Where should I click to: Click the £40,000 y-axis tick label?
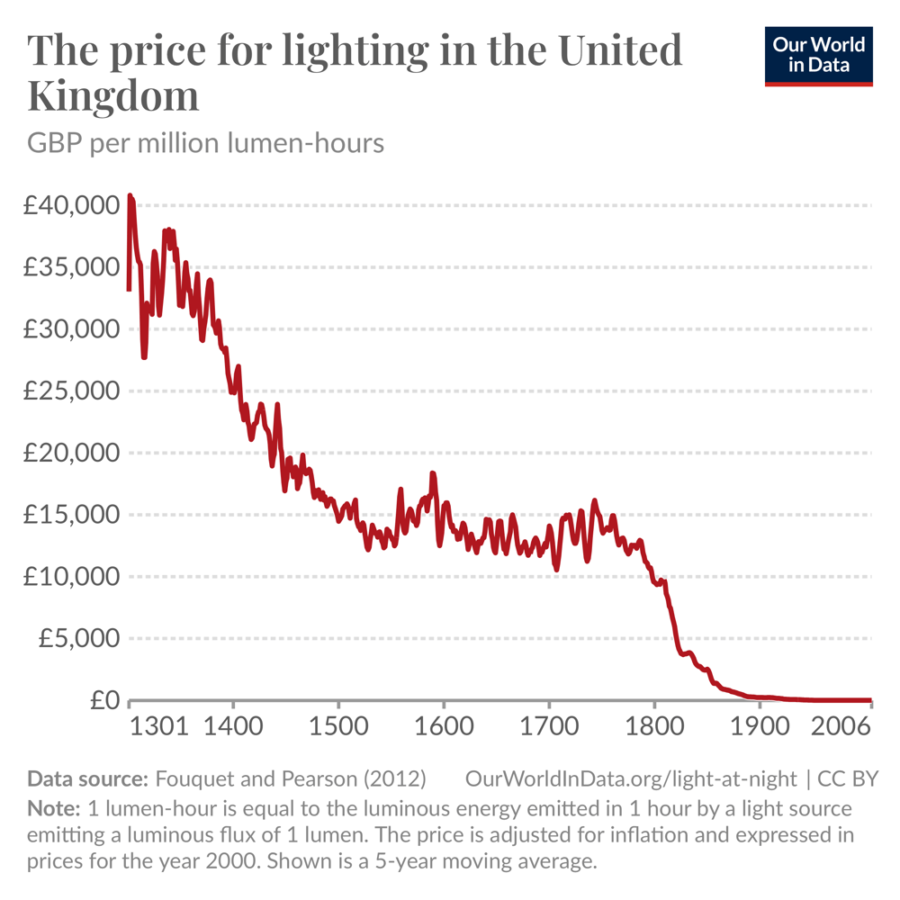pyautogui.click(x=71, y=205)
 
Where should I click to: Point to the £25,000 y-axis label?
pyautogui.click(x=71, y=391)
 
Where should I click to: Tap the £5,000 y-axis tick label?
pyautogui.click(x=77, y=638)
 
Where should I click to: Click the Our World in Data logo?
pyautogui.click(x=819, y=55)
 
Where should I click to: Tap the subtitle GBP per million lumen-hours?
pyautogui.click(x=206, y=143)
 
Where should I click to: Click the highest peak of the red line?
pyautogui.click(x=130, y=195)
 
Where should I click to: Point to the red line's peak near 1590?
pyautogui.click(x=433, y=473)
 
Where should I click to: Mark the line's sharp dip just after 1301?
pyautogui.click(x=144, y=356)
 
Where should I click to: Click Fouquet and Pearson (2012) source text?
pyautogui.click(x=291, y=778)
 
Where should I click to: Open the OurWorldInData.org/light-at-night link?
pyautogui.click(x=631, y=778)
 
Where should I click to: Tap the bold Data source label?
pyautogui.click(x=87, y=778)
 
